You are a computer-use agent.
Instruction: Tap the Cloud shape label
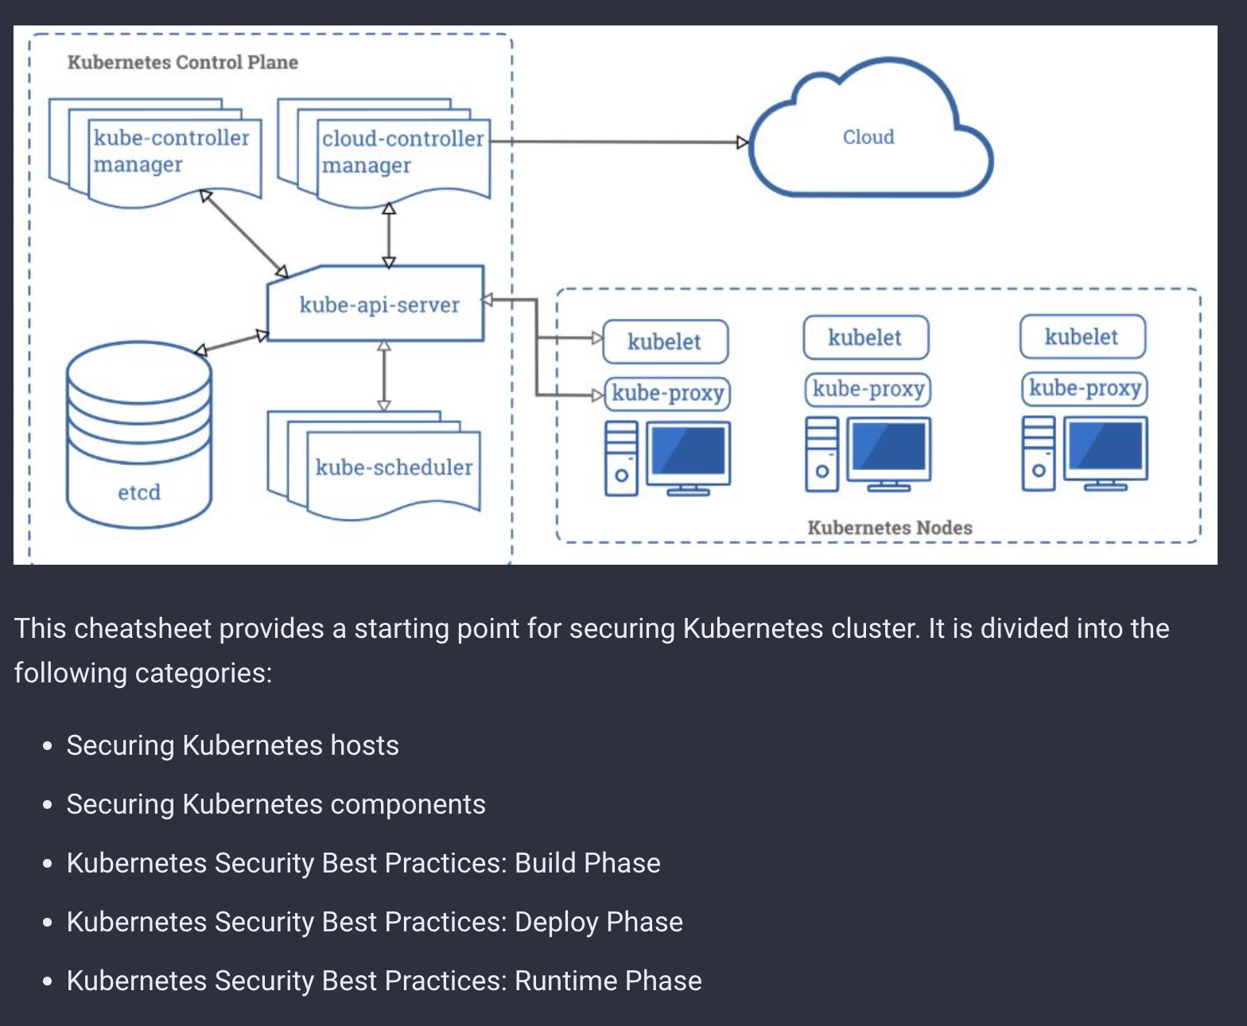coord(868,137)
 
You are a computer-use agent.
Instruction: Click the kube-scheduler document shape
coord(393,467)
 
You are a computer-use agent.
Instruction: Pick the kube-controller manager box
coord(172,151)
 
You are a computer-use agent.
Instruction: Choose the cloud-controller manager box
coord(402,152)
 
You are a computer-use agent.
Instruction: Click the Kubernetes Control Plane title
coord(182,62)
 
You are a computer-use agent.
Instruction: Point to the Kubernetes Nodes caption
coord(889,527)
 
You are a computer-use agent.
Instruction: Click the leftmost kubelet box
coord(665,342)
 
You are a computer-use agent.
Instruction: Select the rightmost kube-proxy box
coord(1085,388)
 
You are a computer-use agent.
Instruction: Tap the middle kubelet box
coord(865,338)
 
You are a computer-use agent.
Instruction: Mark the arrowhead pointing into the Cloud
coord(743,142)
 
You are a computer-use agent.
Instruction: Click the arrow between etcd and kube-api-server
coord(231,343)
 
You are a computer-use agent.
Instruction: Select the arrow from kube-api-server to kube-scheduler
coord(384,375)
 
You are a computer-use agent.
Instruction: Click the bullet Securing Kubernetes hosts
coord(232,745)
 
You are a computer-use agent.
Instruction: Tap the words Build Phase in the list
coord(587,863)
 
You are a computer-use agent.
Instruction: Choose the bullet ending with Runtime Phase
coord(383,981)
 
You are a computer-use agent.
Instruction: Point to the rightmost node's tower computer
coord(1038,453)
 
